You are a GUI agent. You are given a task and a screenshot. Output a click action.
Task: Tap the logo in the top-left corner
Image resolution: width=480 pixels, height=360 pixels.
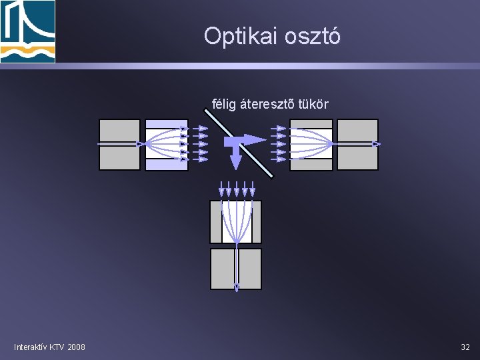pos(27,31)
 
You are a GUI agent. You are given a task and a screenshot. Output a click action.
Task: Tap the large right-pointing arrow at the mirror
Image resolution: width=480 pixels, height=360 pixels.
pos(250,139)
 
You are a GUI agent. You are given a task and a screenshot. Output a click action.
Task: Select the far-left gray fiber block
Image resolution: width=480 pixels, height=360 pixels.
pos(120,144)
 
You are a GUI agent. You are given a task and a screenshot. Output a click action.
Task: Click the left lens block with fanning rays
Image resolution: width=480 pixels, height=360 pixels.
pos(166,144)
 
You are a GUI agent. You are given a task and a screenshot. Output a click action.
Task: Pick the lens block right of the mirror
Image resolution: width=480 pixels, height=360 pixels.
pos(311,144)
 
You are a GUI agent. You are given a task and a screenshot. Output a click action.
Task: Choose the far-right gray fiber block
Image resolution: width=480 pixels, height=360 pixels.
pos(357,144)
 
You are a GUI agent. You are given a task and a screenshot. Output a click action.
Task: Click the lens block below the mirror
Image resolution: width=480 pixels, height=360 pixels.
pos(236,221)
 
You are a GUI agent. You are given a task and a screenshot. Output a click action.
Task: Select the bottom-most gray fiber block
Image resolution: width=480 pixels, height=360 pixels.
pos(236,268)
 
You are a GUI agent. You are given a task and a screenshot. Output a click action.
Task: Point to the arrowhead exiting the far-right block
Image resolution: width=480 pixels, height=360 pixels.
pos(377,144)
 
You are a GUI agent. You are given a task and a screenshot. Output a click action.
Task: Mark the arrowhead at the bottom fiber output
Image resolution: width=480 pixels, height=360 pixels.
pos(236,287)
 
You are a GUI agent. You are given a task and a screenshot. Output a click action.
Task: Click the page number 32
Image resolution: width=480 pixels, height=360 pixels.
pos(465,347)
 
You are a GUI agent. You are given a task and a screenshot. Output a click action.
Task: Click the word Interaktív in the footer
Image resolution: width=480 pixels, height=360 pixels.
pos(30,347)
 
